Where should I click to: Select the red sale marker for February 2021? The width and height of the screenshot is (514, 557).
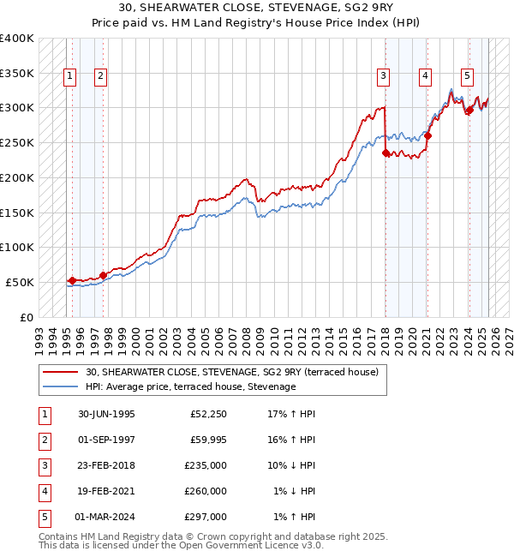[x=427, y=135]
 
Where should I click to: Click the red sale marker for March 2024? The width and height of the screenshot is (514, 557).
[x=469, y=110]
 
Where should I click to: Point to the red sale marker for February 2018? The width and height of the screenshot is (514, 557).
[x=385, y=153]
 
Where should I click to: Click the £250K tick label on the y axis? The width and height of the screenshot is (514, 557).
[x=16, y=142]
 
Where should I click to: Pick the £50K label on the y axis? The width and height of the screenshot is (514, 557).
[x=20, y=282]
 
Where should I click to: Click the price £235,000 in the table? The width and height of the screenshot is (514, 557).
[x=206, y=465]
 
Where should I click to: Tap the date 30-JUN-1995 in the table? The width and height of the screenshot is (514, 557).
[x=106, y=414]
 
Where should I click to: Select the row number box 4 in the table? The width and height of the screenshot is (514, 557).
[x=44, y=491]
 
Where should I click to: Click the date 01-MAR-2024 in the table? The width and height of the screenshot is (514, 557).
[x=105, y=517]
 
